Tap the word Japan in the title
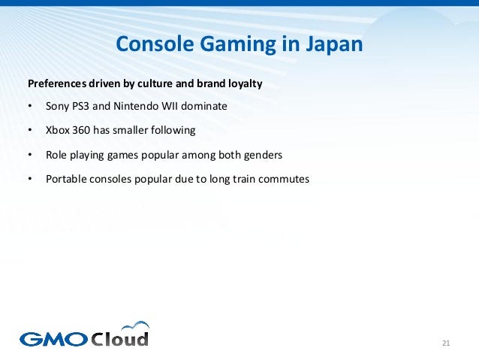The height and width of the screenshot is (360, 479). (x=333, y=44)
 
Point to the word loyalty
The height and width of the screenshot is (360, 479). (x=243, y=83)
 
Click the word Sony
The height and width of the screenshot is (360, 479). (x=58, y=106)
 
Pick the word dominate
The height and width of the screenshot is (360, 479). (x=203, y=106)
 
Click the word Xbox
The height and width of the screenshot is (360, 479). (x=58, y=130)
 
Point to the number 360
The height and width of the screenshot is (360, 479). (x=83, y=130)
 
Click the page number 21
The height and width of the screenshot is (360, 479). (x=445, y=344)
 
